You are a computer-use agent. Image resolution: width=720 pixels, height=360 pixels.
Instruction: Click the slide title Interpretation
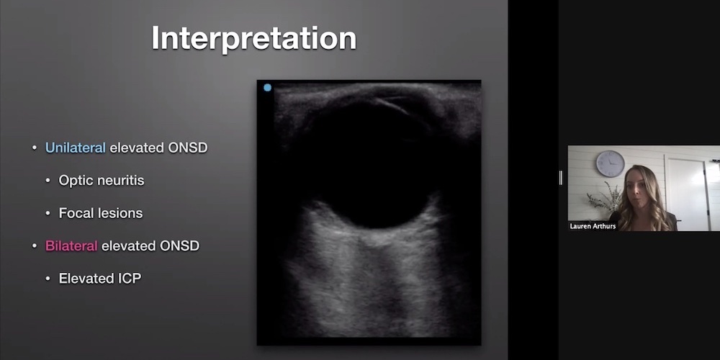(x=254, y=38)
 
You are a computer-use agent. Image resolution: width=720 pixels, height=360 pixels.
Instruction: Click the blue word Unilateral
(x=76, y=148)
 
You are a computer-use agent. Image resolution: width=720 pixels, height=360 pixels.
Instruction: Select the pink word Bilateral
(x=71, y=246)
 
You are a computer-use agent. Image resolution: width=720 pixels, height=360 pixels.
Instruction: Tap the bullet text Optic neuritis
(x=102, y=181)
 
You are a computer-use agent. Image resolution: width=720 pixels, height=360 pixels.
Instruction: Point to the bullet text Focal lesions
(x=101, y=213)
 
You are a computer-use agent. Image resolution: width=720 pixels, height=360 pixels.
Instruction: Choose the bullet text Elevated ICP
(x=99, y=278)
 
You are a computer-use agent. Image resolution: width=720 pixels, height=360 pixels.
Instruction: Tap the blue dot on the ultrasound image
(x=267, y=88)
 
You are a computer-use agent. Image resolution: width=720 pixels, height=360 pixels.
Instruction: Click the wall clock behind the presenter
(x=611, y=163)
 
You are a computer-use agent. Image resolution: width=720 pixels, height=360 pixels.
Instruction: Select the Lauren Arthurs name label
(x=593, y=226)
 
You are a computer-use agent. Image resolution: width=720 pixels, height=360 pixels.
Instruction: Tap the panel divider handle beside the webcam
(x=561, y=178)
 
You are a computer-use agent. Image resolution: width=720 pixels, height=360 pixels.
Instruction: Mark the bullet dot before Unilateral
(x=35, y=148)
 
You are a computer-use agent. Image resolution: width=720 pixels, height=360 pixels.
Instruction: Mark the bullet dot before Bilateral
(x=35, y=246)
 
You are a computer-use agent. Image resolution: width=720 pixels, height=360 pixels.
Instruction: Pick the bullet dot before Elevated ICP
(x=48, y=279)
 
